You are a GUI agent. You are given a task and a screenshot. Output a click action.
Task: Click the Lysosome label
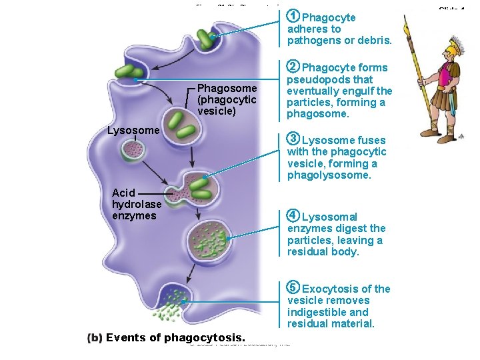point(133,130)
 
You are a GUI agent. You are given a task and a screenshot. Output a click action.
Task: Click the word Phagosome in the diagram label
point(227,89)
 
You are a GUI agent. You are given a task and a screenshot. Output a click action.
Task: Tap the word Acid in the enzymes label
point(124,193)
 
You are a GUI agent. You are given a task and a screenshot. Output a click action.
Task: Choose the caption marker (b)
point(95,337)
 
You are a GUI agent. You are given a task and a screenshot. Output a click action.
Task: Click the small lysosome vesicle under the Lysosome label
point(132,151)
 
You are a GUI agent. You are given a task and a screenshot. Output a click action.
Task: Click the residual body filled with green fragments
point(210,239)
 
